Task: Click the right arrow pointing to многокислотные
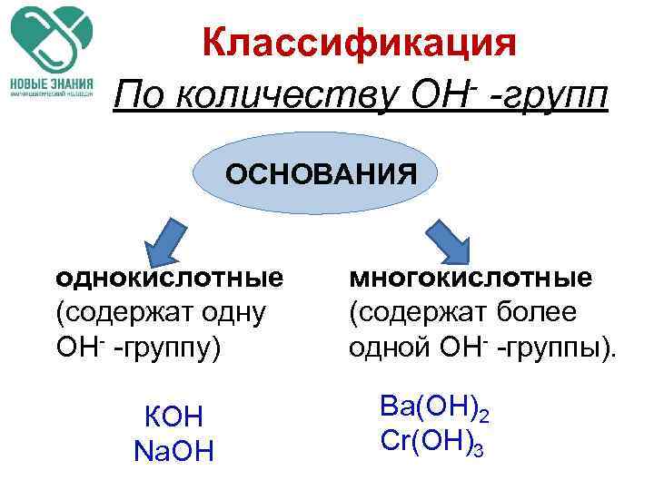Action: click(449, 238)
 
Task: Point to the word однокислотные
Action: click(169, 277)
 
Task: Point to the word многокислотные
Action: click(471, 277)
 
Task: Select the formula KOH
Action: click(173, 416)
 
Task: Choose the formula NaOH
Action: click(173, 450)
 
